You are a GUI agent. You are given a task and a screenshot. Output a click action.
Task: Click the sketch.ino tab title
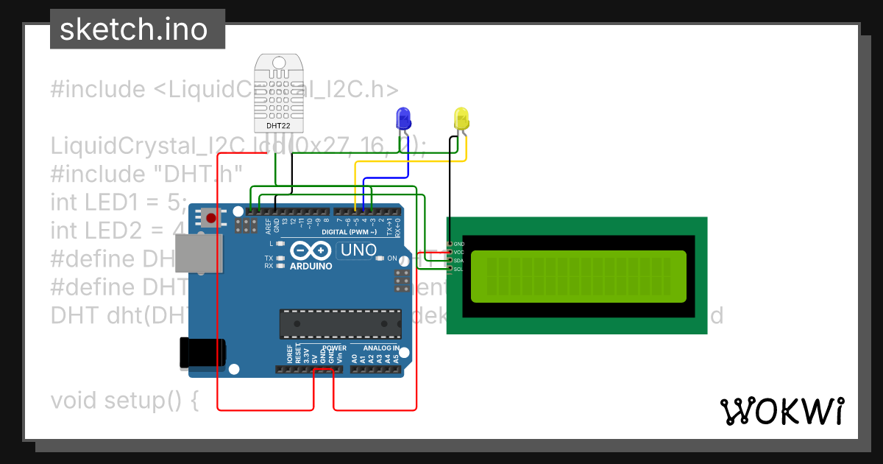click(132, 29)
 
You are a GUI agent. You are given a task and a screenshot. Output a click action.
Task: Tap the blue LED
click(403, 119)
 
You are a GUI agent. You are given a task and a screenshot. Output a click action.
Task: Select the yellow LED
click(461, 119)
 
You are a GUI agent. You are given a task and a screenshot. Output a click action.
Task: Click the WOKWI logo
click(781, 411)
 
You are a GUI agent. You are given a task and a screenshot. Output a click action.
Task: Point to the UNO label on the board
click(358, 250)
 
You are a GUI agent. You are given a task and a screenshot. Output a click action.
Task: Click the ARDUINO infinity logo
click(310, 250)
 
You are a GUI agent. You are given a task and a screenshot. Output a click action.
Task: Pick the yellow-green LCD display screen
click(578, 276)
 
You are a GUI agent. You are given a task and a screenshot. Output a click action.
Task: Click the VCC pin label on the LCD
click(459, 252)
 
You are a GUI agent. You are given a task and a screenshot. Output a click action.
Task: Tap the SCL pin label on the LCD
click(458, 269)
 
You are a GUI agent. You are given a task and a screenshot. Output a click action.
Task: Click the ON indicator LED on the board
click(380, 259)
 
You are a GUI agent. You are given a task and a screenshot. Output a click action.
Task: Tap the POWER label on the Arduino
click(333, 348)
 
